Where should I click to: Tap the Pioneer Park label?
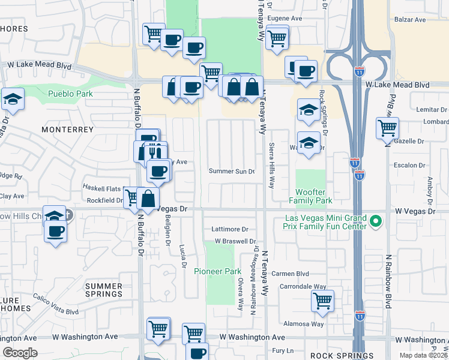[217, 272]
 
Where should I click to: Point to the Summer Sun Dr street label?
[232, 172]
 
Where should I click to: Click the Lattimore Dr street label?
[230, 229]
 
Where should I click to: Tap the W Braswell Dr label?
[235, 241]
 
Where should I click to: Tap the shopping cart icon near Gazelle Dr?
[388, 128]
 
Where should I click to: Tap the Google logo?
[19, 353]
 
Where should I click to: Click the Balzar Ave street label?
[411, 20]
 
